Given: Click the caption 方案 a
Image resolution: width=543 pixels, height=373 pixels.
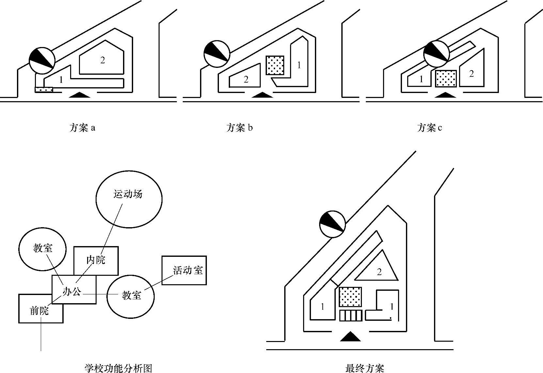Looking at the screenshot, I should pos(82,128).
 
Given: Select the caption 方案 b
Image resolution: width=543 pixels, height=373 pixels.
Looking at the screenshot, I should pos(240,128).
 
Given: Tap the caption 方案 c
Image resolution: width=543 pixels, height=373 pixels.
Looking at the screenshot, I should pos(429,128).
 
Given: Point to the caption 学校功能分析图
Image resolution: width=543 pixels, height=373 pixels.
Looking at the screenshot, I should pos(118,368).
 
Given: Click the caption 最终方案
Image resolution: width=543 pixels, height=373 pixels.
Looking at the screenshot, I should pos(365,368).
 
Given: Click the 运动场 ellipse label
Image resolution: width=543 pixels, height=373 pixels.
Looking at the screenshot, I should pos(128,194).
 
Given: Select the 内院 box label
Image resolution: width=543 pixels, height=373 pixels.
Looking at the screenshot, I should pos(96,260).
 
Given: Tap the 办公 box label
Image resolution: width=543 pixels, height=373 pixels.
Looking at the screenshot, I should pos(72,291).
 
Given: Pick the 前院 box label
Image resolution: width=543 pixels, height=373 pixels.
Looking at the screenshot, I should pos(39,311).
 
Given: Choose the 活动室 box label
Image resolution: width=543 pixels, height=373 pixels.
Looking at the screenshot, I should pos(188,270).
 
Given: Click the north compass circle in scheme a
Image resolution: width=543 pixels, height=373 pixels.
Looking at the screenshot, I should pos(41,60).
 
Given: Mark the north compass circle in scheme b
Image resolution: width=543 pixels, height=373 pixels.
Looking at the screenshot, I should pos(217,54).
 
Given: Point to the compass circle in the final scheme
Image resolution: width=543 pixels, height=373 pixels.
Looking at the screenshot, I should pos(332,224).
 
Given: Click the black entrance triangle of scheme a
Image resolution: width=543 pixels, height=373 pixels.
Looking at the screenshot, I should pos(79,95).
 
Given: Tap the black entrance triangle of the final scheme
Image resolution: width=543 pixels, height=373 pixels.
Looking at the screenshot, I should pos(350,336).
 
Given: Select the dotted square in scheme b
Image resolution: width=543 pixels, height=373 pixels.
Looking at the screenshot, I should pos(275,65).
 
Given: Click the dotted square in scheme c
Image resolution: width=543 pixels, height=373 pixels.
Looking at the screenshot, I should pos(446,79).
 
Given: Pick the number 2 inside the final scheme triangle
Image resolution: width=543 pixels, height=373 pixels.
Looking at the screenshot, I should pos(379,272).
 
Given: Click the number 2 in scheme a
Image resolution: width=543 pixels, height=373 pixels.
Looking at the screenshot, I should pos(102,60).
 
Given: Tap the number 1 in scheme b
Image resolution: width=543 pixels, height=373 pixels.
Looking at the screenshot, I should pos(299,65).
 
